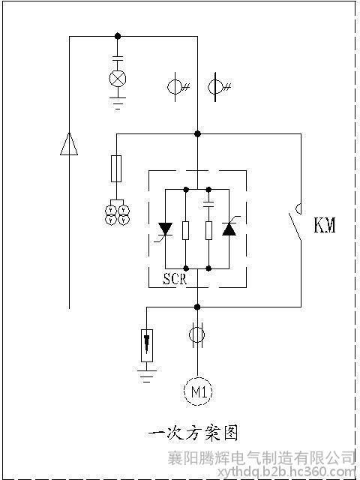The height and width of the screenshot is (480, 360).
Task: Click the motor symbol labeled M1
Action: [198, 391]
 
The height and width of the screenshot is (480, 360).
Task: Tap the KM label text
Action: [325, 226]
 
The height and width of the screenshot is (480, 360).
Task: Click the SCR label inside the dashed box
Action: [175, 278]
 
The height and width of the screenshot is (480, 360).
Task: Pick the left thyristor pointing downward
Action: [165, 229]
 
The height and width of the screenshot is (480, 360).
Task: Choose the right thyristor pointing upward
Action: [229, 229]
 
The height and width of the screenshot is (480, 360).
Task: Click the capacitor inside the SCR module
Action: [208, 204]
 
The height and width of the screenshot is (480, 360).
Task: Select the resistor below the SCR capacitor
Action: [208, 230]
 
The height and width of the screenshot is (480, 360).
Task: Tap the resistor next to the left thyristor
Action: [185, 230]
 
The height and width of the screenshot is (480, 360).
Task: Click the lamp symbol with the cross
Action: [118, 78]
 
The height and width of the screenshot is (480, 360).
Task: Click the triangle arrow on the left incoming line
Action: [69, 144]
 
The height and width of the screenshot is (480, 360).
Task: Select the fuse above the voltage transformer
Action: [116, 169]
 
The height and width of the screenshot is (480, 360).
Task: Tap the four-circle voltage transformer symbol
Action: [117, 215]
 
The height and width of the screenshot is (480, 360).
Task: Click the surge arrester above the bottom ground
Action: [147, 346]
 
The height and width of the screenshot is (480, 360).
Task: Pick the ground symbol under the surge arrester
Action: [147, 376]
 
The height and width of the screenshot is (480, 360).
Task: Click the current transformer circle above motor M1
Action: [196, 335]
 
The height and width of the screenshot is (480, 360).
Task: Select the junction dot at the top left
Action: [118, 37]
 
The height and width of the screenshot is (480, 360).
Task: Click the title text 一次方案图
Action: [193, 433]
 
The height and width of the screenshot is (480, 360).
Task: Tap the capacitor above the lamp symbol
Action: [118, 58]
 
